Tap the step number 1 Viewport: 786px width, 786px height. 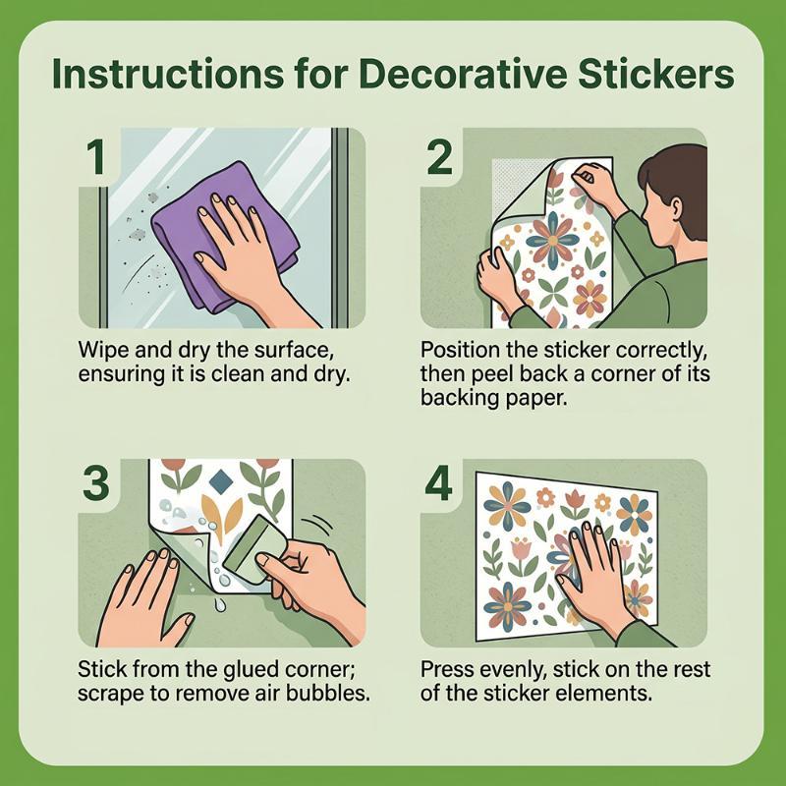click(96, 157)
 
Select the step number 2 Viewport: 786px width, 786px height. click(439, 157)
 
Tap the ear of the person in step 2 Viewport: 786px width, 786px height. click(675, 206)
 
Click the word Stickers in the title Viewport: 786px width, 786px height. click(655, 74)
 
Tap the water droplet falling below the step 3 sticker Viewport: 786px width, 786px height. click(219, 605)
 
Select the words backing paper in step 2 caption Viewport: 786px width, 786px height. click(494, 398)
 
